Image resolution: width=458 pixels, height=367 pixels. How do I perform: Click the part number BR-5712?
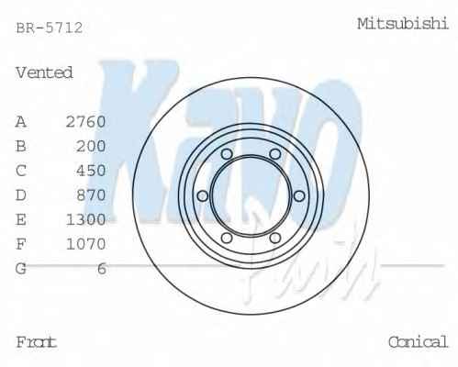click(50, 28)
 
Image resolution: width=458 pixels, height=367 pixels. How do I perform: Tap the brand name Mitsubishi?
click(403, 24)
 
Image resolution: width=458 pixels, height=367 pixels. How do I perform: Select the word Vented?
click(44, 72)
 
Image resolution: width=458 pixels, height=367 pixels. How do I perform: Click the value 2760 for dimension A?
click(86, 122)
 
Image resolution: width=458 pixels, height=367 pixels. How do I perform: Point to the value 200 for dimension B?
click(91, 146)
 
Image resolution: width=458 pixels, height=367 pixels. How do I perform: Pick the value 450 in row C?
click(91, 171)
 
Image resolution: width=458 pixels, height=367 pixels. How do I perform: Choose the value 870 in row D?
click(91, 195)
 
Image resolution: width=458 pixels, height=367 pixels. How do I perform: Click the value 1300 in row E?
click(86, 219)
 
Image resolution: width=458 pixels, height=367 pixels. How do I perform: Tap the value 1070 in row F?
click(86, 244)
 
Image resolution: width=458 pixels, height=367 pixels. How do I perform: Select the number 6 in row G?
click(102, 269)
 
